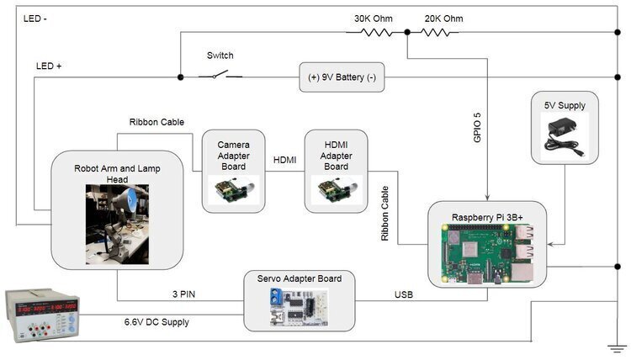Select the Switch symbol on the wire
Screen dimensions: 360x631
220,76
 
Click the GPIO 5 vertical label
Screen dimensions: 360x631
477,127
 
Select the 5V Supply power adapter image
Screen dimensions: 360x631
565,135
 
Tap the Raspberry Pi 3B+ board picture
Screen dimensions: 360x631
486,254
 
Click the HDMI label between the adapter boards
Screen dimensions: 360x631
284,161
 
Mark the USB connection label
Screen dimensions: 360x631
405,294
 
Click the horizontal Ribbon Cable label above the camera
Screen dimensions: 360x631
156,122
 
